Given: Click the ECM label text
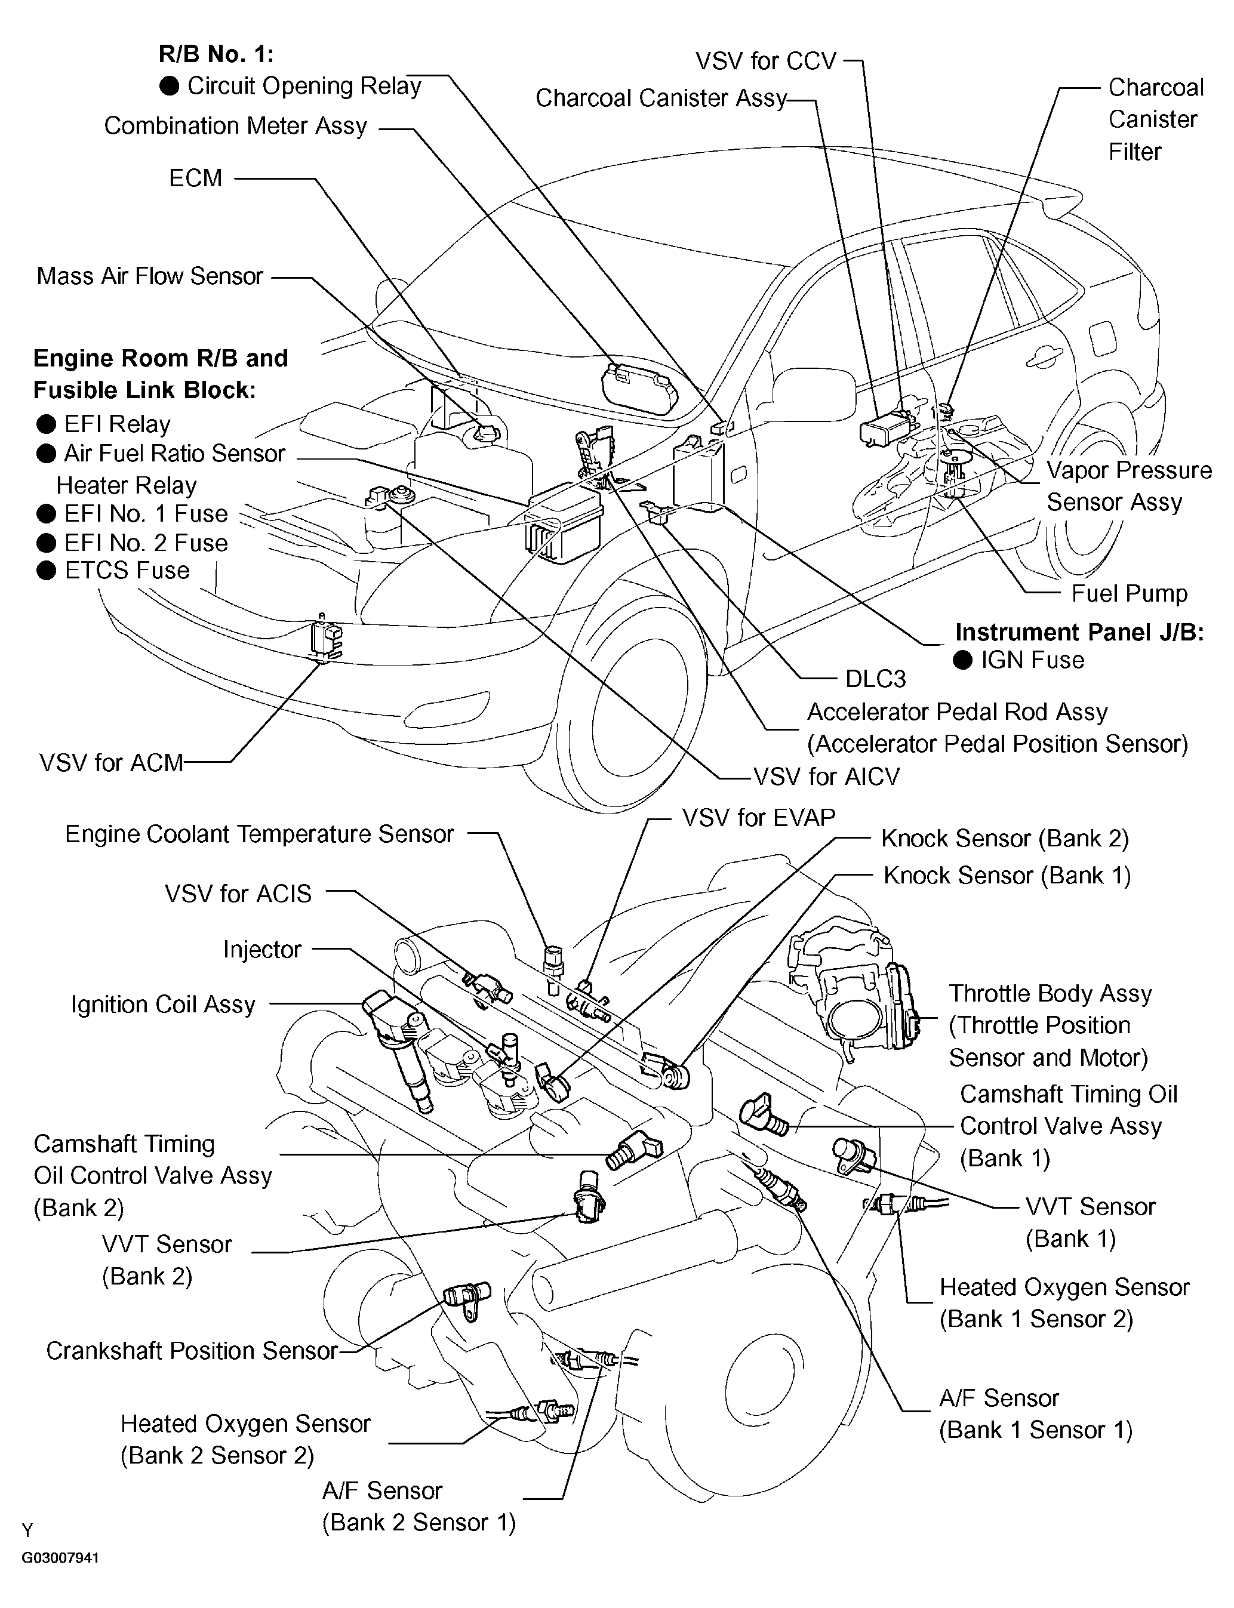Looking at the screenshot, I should coord(195,178).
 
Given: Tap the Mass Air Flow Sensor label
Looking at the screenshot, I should coord(150,276).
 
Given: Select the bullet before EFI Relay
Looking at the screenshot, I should coord(47,424).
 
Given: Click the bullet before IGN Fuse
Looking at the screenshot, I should coord(963,660).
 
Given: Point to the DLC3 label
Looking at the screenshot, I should coord(876,679).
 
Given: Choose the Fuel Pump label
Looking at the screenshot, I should coord(1129,593).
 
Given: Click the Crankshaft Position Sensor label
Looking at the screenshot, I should coord(192,1351).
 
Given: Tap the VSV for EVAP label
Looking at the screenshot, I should coord(759,817).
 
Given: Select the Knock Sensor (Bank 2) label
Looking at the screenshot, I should coord(1005,838).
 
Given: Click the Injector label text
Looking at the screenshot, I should coord(262,950).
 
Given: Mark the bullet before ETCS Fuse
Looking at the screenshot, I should coord(47,571).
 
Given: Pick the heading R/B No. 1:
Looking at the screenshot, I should coord(216,54).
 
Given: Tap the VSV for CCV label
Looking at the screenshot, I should coord(766,61).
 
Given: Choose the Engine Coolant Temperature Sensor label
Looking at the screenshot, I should coord(259,834).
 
